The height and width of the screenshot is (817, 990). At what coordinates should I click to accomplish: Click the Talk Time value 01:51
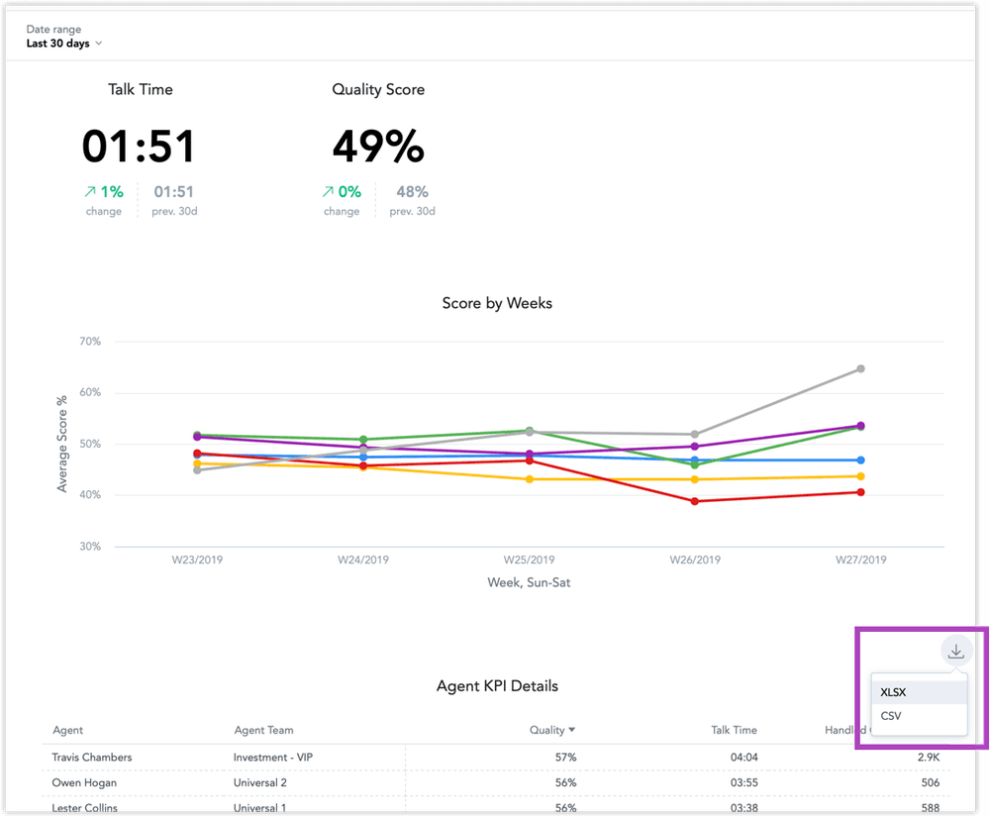tap(139, 147)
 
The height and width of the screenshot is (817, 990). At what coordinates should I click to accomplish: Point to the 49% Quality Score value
tap(378, 147)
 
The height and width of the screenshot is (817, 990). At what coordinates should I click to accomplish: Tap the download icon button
tap(955, 651)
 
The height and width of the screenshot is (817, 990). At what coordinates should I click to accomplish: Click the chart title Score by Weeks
tap(497, 303)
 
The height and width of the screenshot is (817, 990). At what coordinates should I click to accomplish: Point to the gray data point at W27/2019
tap(860, 368)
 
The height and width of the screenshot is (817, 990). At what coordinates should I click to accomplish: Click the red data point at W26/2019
tap(695, 501)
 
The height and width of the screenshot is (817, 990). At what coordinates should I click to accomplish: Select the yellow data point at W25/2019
tap(529, 479)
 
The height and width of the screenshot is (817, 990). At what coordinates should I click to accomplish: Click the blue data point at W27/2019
tap(860, 460)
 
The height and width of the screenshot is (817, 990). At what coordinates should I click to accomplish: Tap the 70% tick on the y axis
tap(89, 342)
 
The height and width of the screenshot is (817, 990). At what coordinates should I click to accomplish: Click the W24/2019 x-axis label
tap(363, 560)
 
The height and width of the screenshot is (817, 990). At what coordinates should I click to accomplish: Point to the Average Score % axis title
tap(62, 444)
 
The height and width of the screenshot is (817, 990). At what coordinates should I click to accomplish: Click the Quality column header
tap(551, 730)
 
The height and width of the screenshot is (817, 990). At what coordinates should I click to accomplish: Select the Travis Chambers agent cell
tap(92, 758)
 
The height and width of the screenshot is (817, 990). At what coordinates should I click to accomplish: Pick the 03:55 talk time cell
tap(734, 782)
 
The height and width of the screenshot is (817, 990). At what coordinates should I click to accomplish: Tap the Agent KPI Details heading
tap(497, 685)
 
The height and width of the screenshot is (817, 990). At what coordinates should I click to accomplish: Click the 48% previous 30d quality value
tap(412, 192)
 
